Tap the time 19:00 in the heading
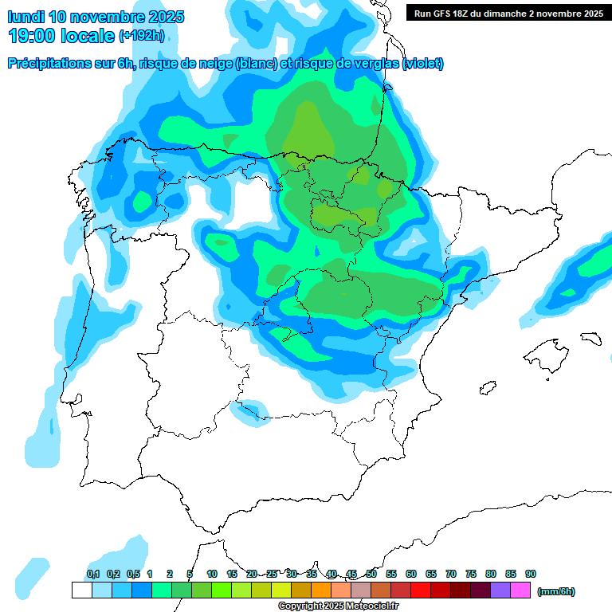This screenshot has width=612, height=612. pos(35,36)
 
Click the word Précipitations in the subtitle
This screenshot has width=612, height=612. pos(49,64)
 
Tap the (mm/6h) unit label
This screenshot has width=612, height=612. pos(555,591)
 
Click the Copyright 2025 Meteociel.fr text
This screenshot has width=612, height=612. pos(339,606)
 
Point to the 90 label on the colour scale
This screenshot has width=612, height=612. pos(531,574)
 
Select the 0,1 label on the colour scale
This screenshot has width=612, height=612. pos(92,574)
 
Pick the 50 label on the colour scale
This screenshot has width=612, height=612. pos(371,574)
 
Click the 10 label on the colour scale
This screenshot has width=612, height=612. pos(212,574)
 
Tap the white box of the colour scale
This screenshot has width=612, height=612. pos(81,590)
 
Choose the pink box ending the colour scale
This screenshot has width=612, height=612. pos(520,590)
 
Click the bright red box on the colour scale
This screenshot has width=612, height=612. pos(421,590)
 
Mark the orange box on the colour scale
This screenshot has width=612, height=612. pos(321,590)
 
